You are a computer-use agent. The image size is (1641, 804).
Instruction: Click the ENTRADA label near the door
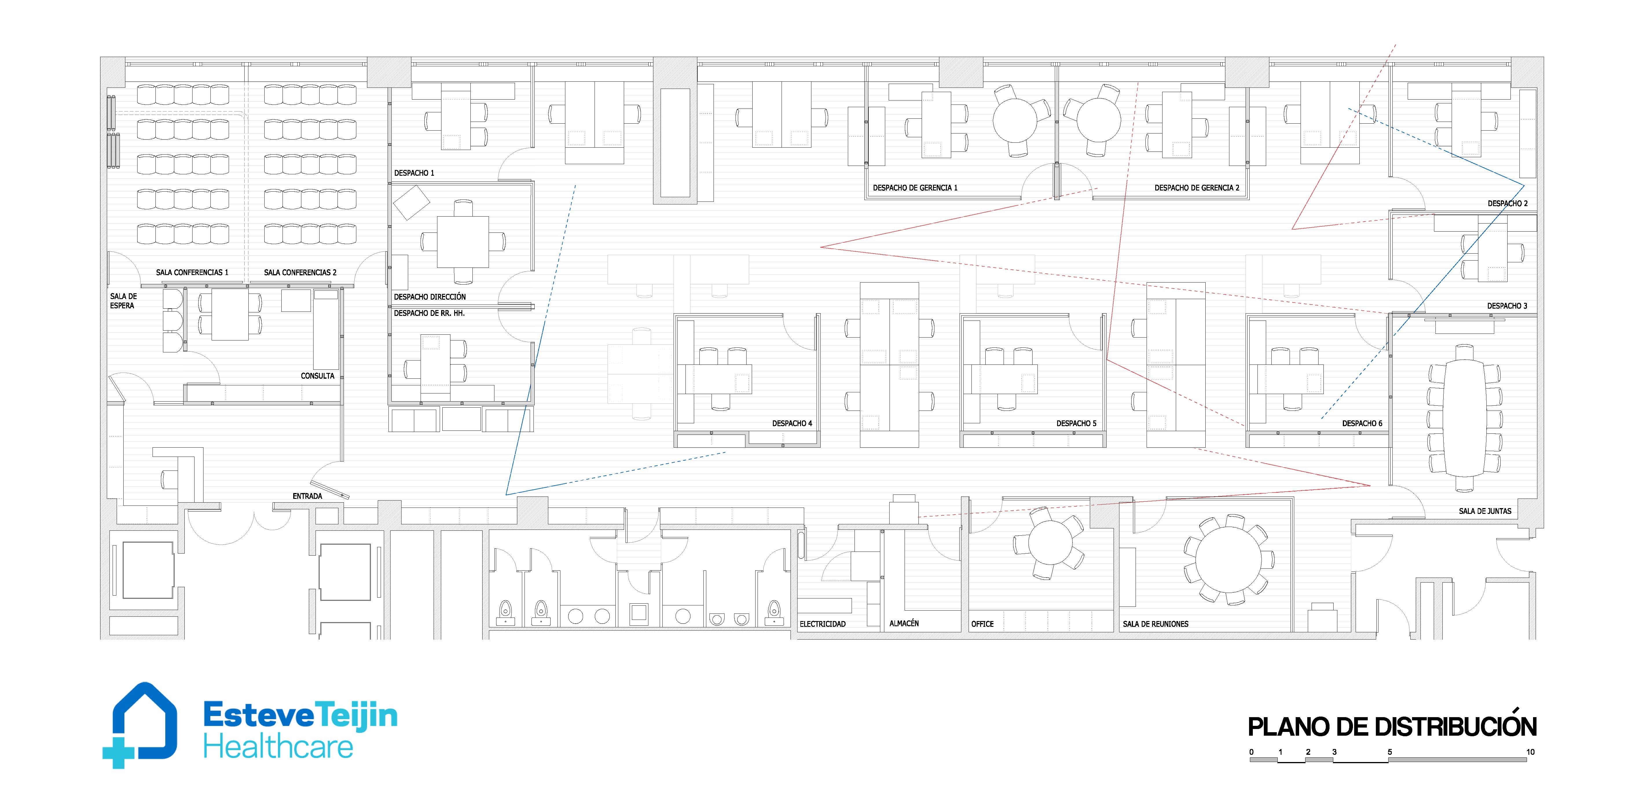[x=307, y=496]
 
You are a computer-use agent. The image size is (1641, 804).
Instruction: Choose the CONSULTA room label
[x=317, y=376]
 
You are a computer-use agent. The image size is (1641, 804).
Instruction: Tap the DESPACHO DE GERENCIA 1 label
[x=915, y=188]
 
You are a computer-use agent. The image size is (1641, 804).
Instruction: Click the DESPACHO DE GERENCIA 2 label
[x=1197, y=188]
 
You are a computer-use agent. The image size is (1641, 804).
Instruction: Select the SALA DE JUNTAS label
[x=1485, y=511]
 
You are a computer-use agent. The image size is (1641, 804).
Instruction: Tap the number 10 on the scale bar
[x=1530, y=752]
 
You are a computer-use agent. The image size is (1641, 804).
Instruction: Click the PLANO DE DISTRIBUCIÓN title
[x=1392, y=727]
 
